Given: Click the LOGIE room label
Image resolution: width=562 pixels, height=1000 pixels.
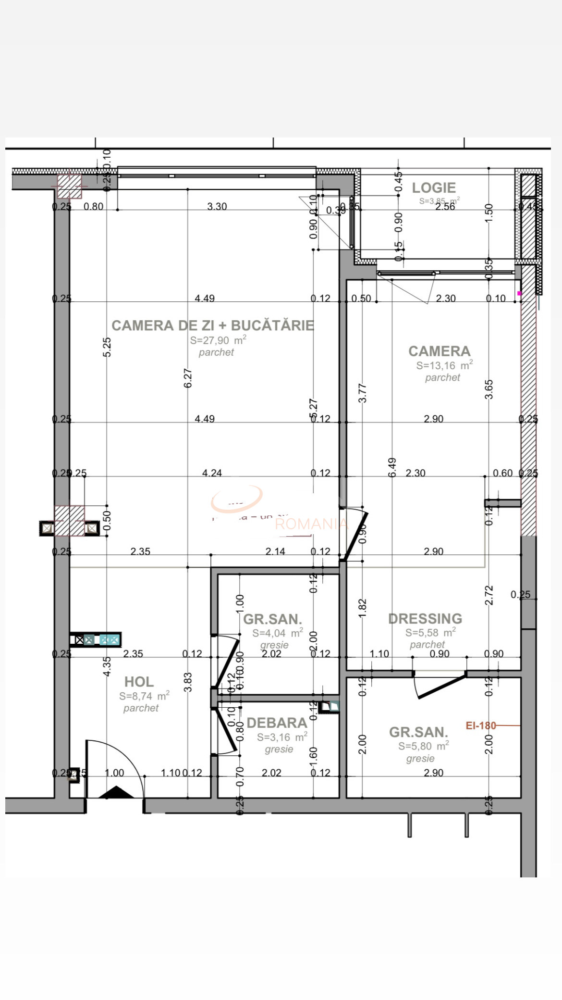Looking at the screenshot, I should [434, 188].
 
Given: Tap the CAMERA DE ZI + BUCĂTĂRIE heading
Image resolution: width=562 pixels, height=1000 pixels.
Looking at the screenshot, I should [213, 325].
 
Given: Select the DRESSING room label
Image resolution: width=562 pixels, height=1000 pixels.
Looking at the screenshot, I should [425, 619].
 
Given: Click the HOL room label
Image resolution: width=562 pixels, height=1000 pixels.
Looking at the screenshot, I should [139, 682].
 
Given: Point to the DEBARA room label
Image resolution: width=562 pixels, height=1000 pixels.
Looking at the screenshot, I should [277, 723].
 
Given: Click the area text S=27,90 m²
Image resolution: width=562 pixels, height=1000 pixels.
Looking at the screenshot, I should [218, 340].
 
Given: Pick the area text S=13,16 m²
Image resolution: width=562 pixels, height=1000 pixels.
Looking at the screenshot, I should [444, 365].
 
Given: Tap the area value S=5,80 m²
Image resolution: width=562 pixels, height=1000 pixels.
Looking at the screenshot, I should [423, 746].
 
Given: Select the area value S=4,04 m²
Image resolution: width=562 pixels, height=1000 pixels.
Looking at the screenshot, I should [277, 633].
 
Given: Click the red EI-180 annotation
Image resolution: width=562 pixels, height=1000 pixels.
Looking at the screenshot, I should [480, 725].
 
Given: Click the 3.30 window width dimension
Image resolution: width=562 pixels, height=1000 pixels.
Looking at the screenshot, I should [217, 206].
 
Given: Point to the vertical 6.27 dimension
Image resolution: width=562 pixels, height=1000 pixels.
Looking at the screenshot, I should [188, 378].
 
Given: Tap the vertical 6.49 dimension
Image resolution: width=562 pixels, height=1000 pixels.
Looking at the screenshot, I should [392, 467].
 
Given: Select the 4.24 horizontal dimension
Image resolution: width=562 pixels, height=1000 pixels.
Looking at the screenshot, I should [212, 473].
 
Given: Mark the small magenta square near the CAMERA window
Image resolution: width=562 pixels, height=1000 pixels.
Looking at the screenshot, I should [519, 293].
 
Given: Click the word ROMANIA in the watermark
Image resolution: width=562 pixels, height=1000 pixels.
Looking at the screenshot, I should [311, 524].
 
